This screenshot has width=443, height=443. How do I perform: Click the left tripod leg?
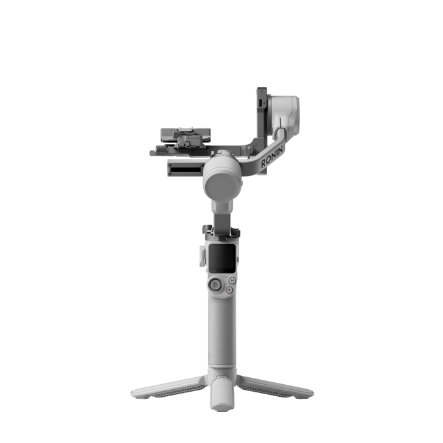(x=166, y=387)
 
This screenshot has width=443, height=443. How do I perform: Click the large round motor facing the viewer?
(x=221, y=179)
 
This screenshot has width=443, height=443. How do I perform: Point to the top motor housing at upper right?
(x=284, y=109)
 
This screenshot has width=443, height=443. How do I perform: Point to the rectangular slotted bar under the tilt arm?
(x=185, y=168)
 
